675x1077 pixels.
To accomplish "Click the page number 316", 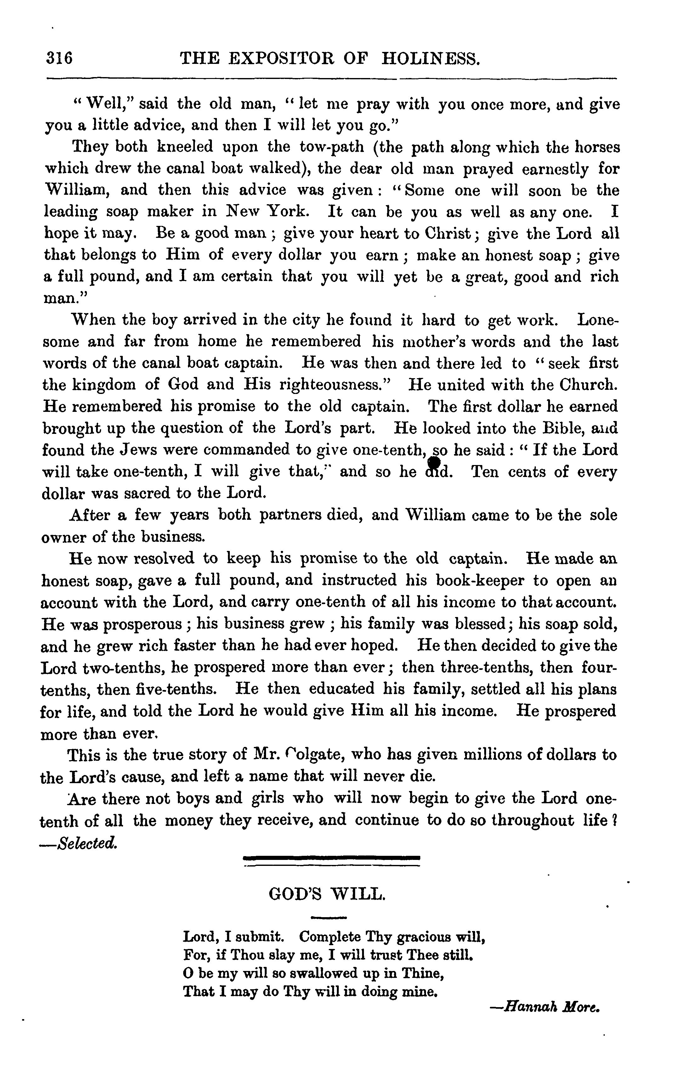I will (x=59, y=59).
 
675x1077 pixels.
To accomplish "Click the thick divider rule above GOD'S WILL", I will (x=332, y=857).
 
